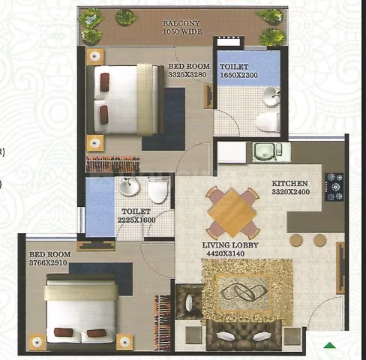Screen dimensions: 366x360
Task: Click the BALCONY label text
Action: coord(181,23)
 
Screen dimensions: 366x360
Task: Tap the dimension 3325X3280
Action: coord(187,74)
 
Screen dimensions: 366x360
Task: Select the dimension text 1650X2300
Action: coord(238,75)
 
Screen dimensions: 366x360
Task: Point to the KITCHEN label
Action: coord(289,183)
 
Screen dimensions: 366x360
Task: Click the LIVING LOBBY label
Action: coord(230,245)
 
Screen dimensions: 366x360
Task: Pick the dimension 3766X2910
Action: coord(48,262)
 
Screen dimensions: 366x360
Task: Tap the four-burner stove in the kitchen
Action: coord(334,187)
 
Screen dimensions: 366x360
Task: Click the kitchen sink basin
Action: coord(264,151)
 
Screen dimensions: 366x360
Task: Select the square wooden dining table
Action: coord(232,212)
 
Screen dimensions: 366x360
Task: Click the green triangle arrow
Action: coord(329,345)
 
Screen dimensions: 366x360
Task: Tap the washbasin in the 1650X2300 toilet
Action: coord(271,96)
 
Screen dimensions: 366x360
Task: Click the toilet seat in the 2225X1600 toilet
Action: coord(157,190)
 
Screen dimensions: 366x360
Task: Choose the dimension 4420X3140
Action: coord(226,253)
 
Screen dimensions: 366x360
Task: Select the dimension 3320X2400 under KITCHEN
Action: coord(291,192)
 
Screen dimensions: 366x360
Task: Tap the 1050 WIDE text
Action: coord(182,31)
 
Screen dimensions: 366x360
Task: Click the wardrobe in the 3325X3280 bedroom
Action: coord(112,164)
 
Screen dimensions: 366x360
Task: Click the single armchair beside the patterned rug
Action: coord(189,301)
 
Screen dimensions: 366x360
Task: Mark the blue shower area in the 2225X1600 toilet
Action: coord(100,206)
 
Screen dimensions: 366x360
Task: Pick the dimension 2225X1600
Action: coord(136,220)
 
